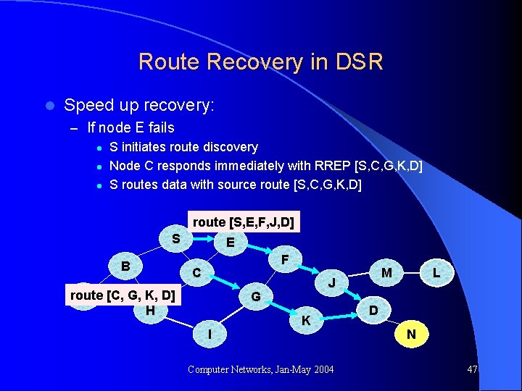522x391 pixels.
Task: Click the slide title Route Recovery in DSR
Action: coord(260,62)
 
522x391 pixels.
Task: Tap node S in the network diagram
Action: coord(175,238)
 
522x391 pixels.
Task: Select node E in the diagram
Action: coord(230,243)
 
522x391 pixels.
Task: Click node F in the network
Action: coord(285,258)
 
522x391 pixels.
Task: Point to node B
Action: coord(125,266)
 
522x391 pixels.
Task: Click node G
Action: coord(255,296)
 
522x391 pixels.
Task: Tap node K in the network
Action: coord(307,319)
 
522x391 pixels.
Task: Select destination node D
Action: coord(373,310)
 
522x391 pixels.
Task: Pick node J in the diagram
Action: coord(331,282)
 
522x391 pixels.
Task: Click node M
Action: coord(386,272)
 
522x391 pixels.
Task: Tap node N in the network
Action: coord(411,334)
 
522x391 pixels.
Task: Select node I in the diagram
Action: coord(210,334)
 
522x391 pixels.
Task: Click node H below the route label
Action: coord(149,310)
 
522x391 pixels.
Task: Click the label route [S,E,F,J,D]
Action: coord(243,222)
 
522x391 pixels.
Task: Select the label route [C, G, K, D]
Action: coord(122,295)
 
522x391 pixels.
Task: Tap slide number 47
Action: coord(472,370)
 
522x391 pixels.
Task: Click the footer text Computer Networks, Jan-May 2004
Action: coord(260,370)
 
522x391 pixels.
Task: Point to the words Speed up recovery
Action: coord(138,105)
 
